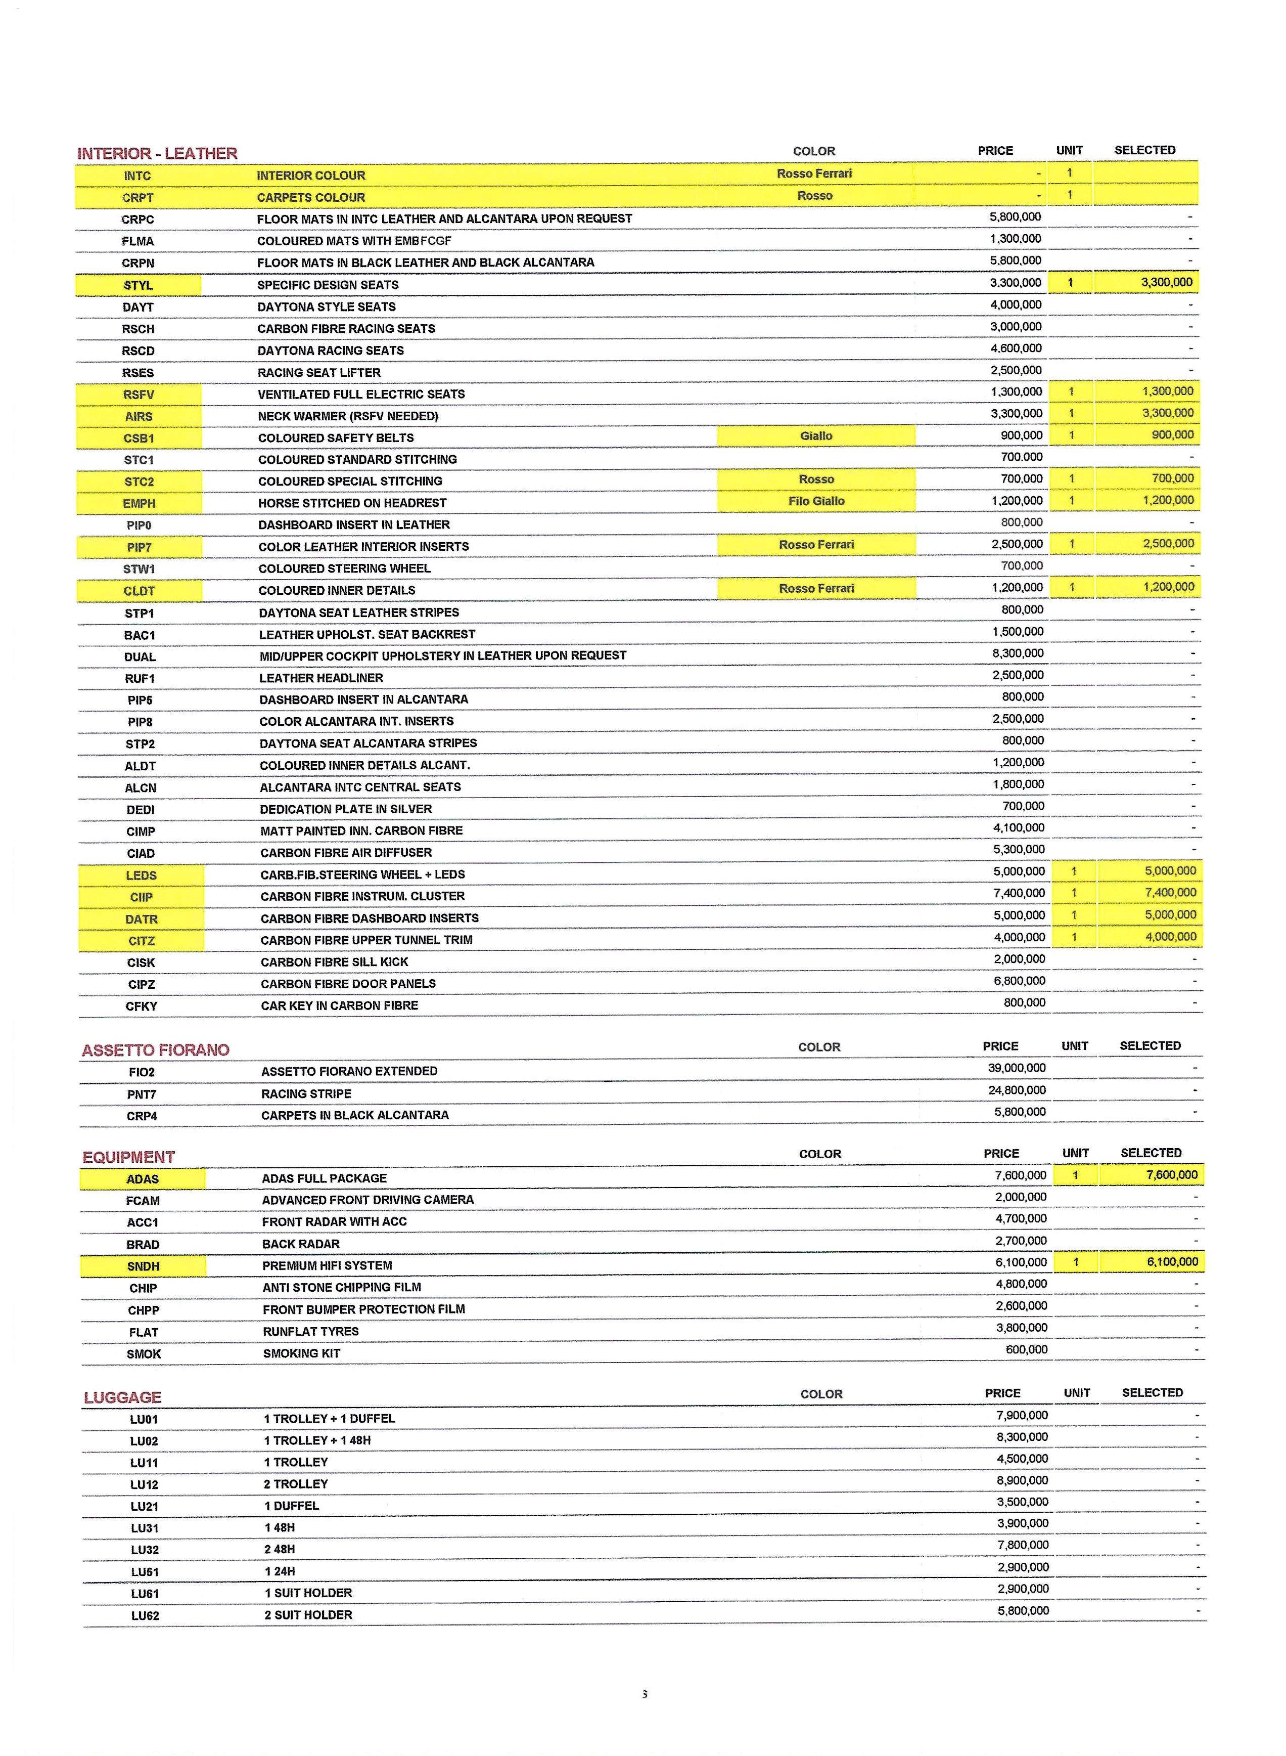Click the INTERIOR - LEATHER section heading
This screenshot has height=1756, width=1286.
click(157, 153)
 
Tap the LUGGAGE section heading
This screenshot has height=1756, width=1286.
click(122, 1397)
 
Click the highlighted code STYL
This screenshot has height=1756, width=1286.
click(138, 285)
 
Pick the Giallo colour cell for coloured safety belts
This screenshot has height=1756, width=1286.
click(816, 436)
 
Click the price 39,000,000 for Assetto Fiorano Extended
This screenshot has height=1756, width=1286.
click(1017, 1068)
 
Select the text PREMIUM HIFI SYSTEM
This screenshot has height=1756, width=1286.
click(327, 1265)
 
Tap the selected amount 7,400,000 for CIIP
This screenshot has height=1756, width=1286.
click(1170, 893)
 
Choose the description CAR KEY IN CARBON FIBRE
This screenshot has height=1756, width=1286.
click(339, 1005)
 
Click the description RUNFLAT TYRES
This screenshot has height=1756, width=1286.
click(310, 1332)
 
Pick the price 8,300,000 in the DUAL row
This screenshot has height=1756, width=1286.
click(1018, 653)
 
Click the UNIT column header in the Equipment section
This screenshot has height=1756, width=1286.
click(1075, 1153)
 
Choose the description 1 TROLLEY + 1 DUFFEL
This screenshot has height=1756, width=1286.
click(329, 1419)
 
